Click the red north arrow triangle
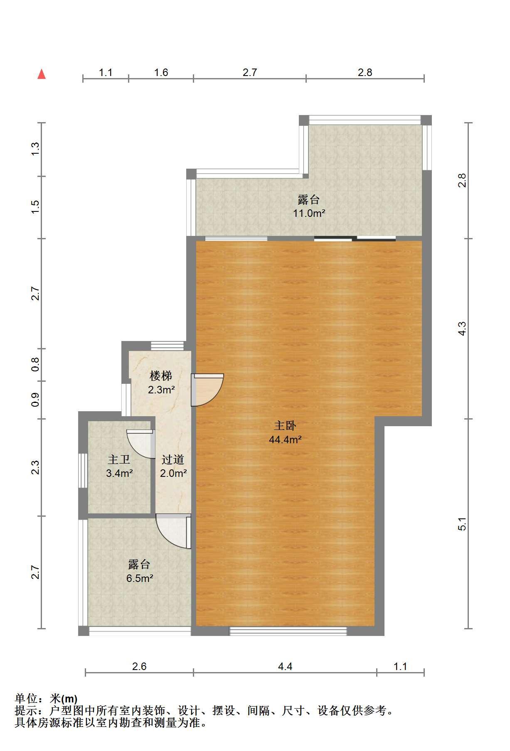42,74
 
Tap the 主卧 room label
285,426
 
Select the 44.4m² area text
285,439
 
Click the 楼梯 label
161,376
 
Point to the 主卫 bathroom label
119,459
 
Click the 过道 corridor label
173,459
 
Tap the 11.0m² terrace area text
308,214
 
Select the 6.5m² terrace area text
140,578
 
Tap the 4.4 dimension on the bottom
285,667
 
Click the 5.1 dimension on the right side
462,524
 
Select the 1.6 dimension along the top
161,73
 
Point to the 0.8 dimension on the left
36,365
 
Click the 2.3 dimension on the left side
36,467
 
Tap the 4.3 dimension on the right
462,329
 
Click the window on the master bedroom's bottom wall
288,631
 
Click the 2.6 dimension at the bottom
139,667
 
